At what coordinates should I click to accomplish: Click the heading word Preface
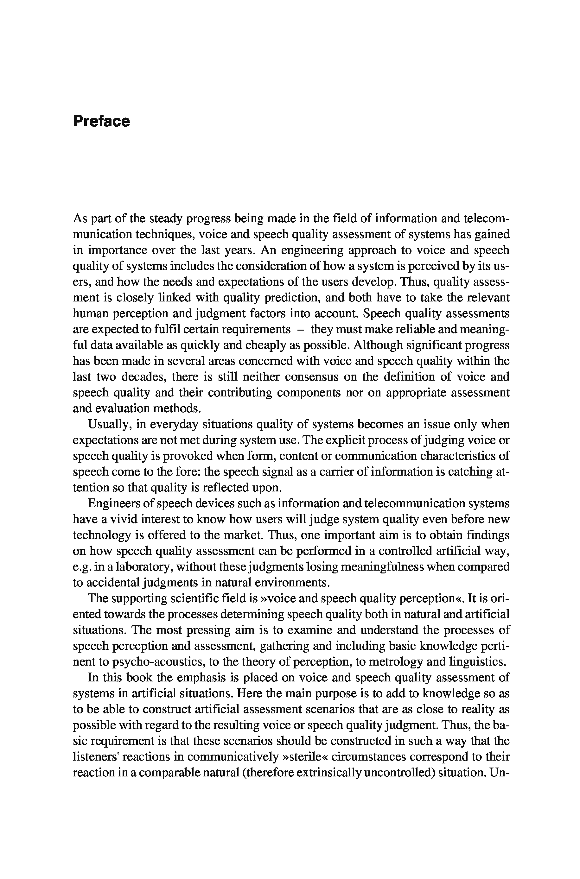[101, 121]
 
